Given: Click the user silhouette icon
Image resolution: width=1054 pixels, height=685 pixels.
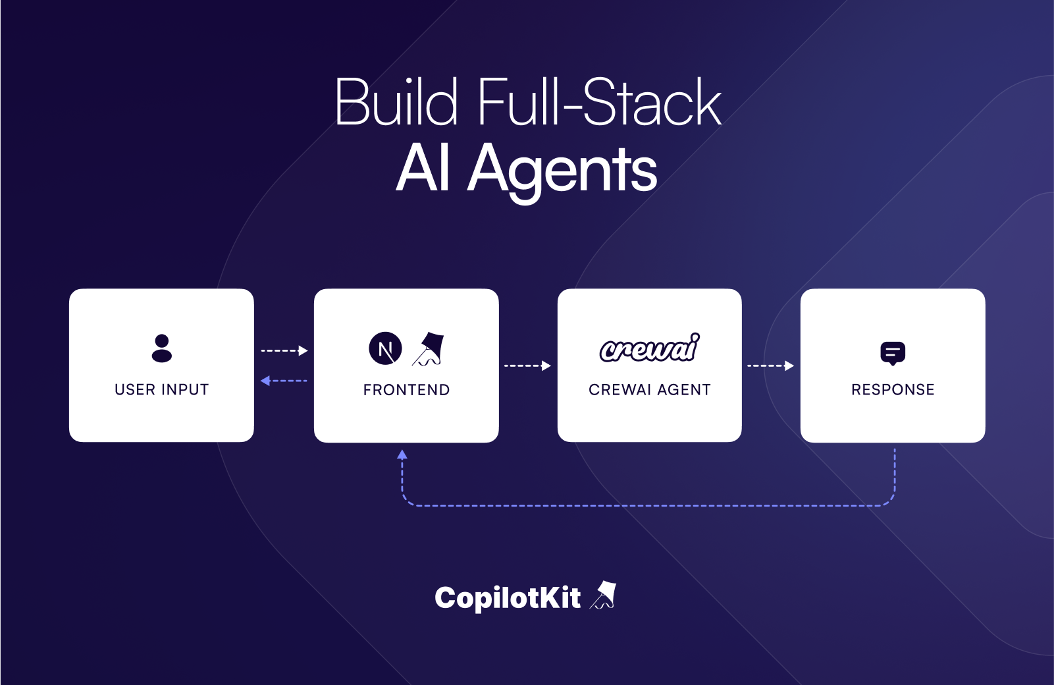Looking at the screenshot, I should (161, 348).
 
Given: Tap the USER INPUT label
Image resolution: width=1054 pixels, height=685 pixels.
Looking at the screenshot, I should (161, 390).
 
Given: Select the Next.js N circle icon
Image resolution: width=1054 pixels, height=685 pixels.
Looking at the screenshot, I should (385, 348).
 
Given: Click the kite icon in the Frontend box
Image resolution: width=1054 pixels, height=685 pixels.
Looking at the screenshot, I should (429, 349).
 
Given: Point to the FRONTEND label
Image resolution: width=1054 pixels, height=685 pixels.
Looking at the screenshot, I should (406, 390).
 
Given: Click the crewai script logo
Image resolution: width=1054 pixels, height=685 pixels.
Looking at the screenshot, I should (649, 348).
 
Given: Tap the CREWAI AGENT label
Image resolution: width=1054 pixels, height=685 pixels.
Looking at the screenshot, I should (649, 390).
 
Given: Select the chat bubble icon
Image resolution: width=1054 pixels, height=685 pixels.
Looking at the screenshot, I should (893, 353).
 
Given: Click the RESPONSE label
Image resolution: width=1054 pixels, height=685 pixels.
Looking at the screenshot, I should (893, 390).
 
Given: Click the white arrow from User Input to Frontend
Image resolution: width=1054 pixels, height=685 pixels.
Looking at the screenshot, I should (284, 350).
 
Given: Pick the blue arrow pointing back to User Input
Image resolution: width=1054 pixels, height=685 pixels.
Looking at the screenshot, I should (284, 381).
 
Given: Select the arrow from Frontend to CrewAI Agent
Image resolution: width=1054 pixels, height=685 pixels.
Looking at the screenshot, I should (527, 366).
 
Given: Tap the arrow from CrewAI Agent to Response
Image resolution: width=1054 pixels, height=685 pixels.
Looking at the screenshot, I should (770, 366).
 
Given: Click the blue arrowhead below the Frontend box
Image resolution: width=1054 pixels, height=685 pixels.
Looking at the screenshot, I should (402, 454).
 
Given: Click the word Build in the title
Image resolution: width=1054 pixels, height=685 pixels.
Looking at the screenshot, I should (396, 103).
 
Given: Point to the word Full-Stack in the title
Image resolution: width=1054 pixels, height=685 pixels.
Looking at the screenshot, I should (599, 103).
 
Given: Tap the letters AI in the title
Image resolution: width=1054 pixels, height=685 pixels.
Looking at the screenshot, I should (424, 169).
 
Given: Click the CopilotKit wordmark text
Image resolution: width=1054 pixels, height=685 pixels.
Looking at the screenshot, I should (508, 598).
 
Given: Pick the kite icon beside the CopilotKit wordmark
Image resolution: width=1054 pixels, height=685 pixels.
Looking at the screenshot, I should (603, 595).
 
